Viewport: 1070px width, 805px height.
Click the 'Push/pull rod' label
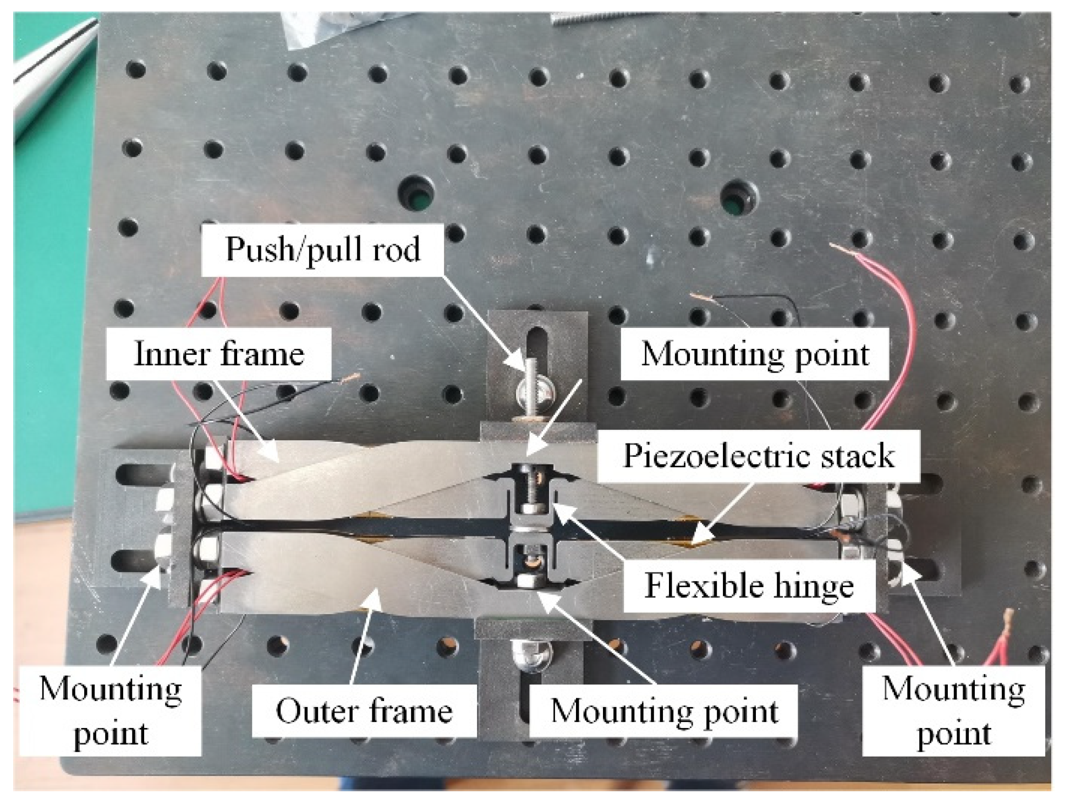pyautogui.click(x=322, y=249)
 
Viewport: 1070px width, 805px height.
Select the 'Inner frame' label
pyautogui.click(x=219, y=353)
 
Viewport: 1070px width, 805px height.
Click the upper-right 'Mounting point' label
pyautogui.click(x=755, y=353)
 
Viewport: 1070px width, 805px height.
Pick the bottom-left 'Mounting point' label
pyautogui.click(x=111, y=710)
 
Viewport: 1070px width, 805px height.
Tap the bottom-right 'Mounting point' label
pyautogui.click(x=953, y=710)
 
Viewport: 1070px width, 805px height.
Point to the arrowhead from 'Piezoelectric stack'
pyautogui.click(x=694, y=542)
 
